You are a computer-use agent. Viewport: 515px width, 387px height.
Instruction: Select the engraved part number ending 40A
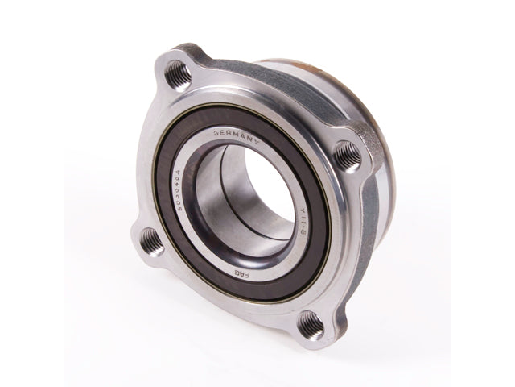182,184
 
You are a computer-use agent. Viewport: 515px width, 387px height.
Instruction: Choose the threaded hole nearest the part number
150,239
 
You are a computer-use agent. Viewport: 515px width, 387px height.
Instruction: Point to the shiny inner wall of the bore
216,202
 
